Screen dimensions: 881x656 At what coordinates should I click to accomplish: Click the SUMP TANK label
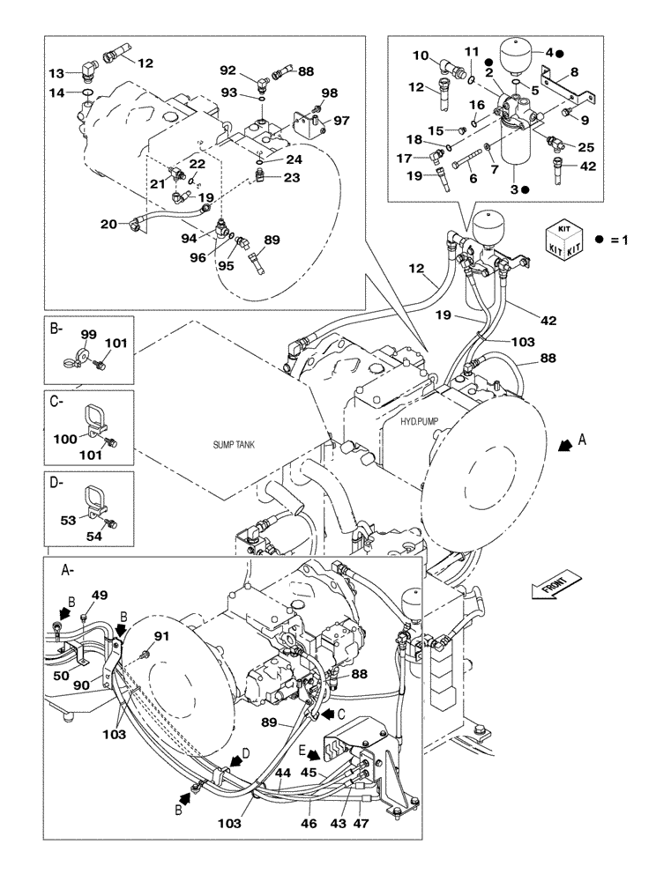[233, 446]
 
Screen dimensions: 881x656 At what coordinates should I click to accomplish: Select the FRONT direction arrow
[558, 585]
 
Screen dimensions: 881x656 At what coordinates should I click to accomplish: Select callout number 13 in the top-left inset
[56, 73]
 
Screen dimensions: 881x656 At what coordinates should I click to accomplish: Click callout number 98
[328, 93]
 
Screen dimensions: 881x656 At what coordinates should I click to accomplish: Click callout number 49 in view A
[101, 596]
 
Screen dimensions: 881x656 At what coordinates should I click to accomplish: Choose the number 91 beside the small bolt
[161, 636]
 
